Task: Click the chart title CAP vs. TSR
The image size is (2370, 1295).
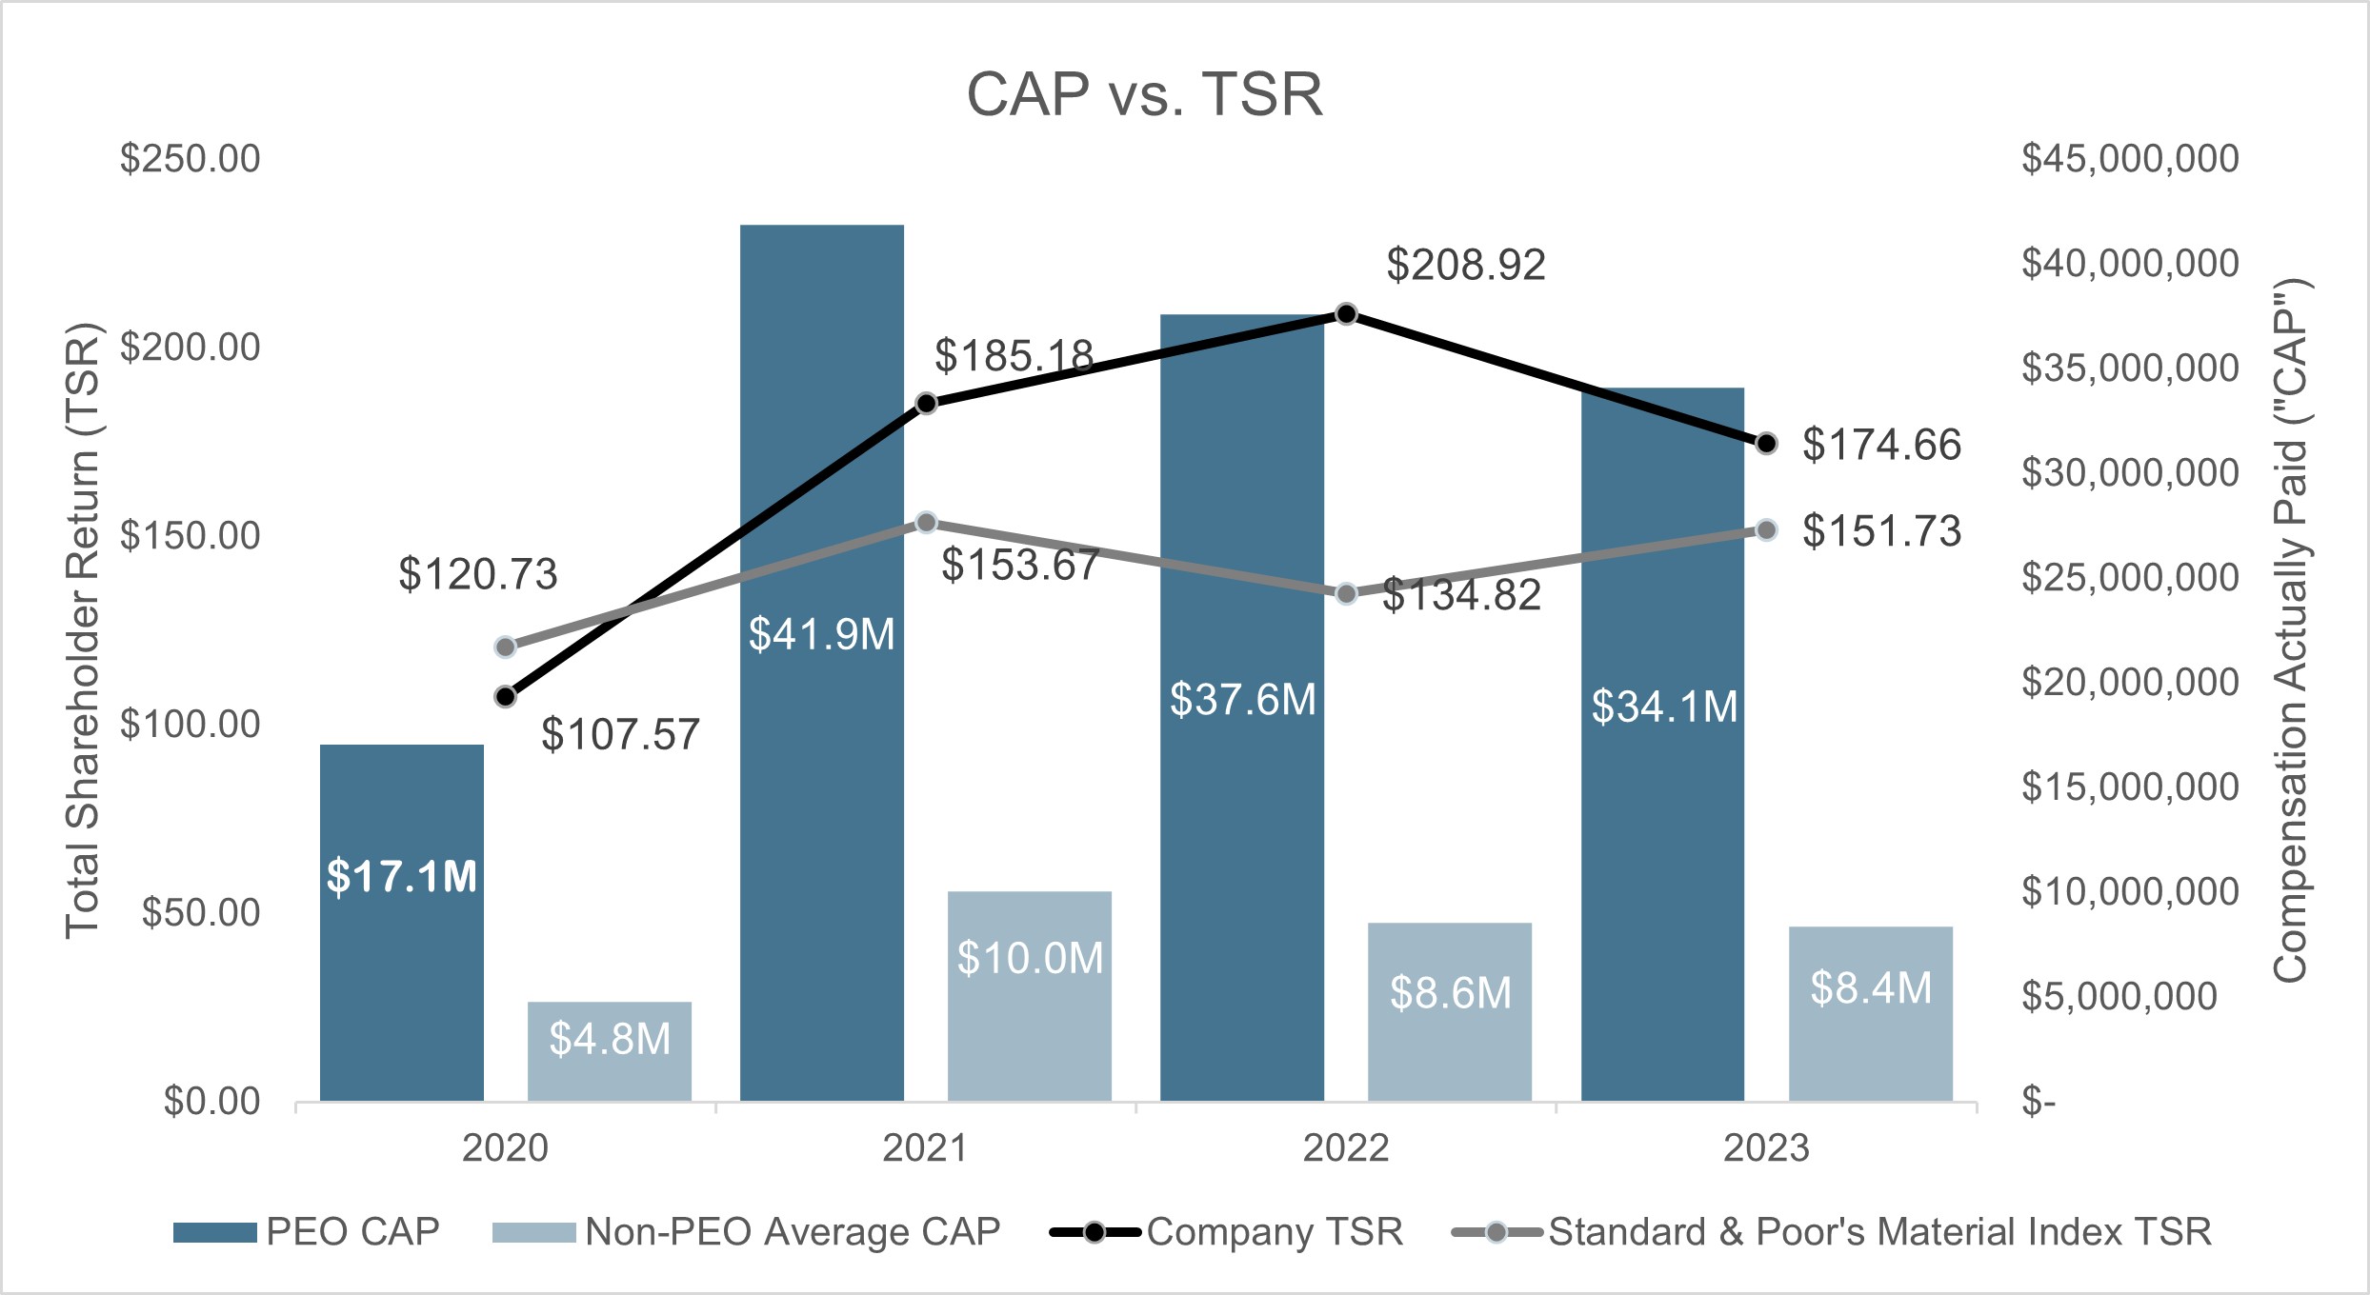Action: point(1144,95)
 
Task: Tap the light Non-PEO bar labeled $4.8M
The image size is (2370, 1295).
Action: point(610,1051)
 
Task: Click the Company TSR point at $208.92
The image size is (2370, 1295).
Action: point(1346,314)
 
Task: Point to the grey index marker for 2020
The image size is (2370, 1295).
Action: point(506,647)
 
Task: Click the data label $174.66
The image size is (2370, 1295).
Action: point(1881,445)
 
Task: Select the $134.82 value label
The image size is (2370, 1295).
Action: point(1461,595)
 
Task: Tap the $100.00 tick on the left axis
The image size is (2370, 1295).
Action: point(190,725)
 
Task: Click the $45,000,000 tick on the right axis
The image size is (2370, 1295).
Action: point(2130,159)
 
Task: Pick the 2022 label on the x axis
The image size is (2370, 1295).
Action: point(1345,1148)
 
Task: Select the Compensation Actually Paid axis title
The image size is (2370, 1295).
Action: point(2290,630)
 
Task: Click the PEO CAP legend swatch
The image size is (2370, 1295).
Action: point(214,1233)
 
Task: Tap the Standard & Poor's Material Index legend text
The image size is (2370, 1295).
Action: point(1878,1232)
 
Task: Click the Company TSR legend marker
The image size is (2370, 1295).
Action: point(1095,1233)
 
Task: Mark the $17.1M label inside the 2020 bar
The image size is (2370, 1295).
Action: point(401,877)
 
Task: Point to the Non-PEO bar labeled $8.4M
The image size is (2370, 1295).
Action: point(1870,1014)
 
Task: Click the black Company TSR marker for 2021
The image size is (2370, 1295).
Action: point(926,404)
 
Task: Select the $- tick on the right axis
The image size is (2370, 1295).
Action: point(2039,1103)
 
